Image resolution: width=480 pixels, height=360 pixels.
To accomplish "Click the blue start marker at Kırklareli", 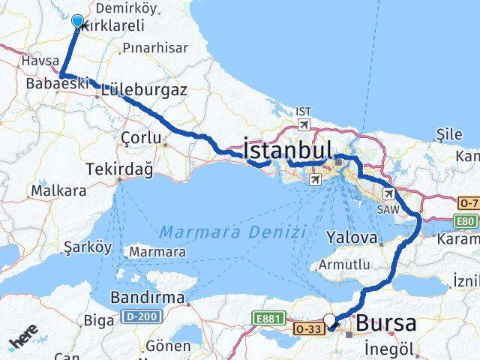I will coord(77,21).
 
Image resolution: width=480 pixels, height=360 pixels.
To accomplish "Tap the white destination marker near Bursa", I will coord(329,320).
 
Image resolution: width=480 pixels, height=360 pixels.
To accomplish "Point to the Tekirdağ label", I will coord(120,169).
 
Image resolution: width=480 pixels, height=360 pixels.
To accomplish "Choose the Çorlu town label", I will coord(141,137).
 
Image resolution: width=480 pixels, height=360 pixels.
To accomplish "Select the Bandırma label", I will coord(147,298).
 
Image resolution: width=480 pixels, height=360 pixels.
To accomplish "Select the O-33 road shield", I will coord(308,328).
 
